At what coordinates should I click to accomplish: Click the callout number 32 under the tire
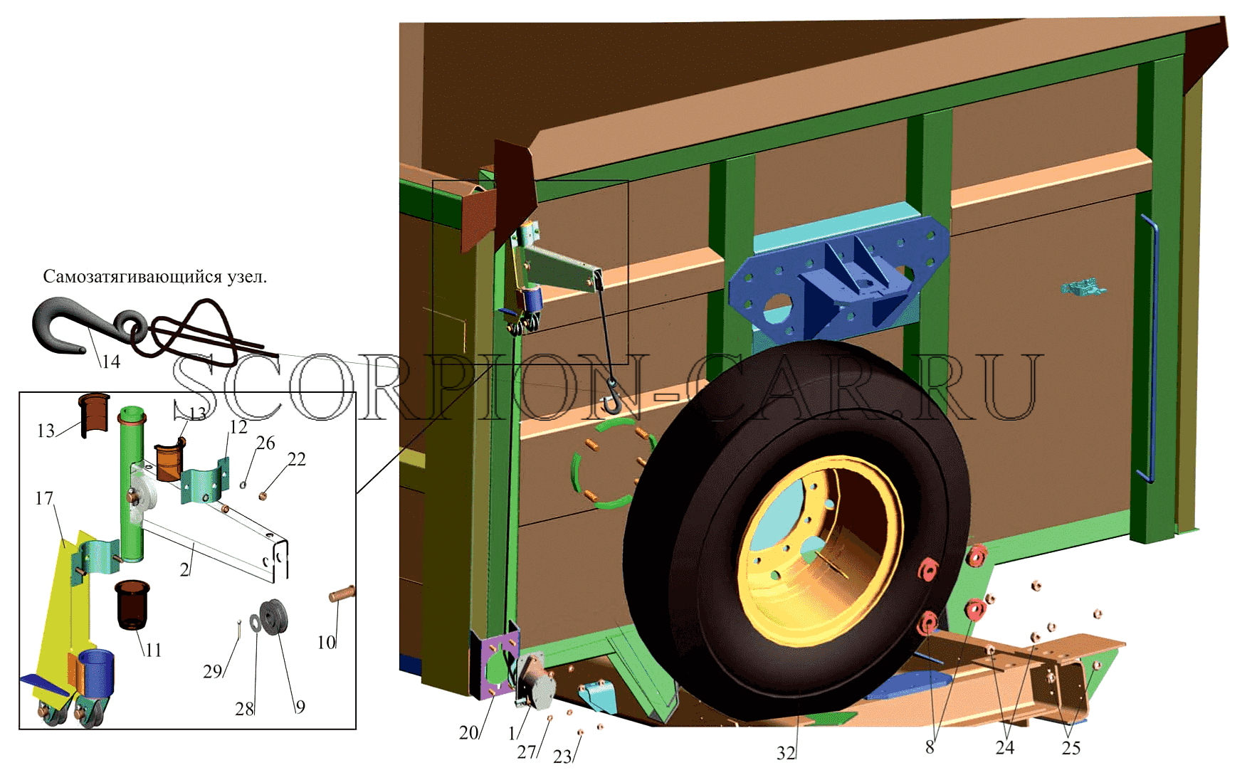pos(786,753)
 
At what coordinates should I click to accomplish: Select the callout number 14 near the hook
pos(110,362)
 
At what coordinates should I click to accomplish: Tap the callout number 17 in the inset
pos(44,498)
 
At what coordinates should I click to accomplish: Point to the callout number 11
pos(153,650)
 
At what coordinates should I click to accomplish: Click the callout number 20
pos(468,732)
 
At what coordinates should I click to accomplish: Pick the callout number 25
pos(1070,748)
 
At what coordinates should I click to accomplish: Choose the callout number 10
pos(326,643)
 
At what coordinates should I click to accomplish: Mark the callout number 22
pos(297,459)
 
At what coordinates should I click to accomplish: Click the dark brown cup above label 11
pos(132,605)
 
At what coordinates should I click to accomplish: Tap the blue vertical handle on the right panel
pos(1148,349)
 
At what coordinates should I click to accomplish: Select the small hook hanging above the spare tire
pos(611,398)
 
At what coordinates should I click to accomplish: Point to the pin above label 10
pos(341,593)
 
